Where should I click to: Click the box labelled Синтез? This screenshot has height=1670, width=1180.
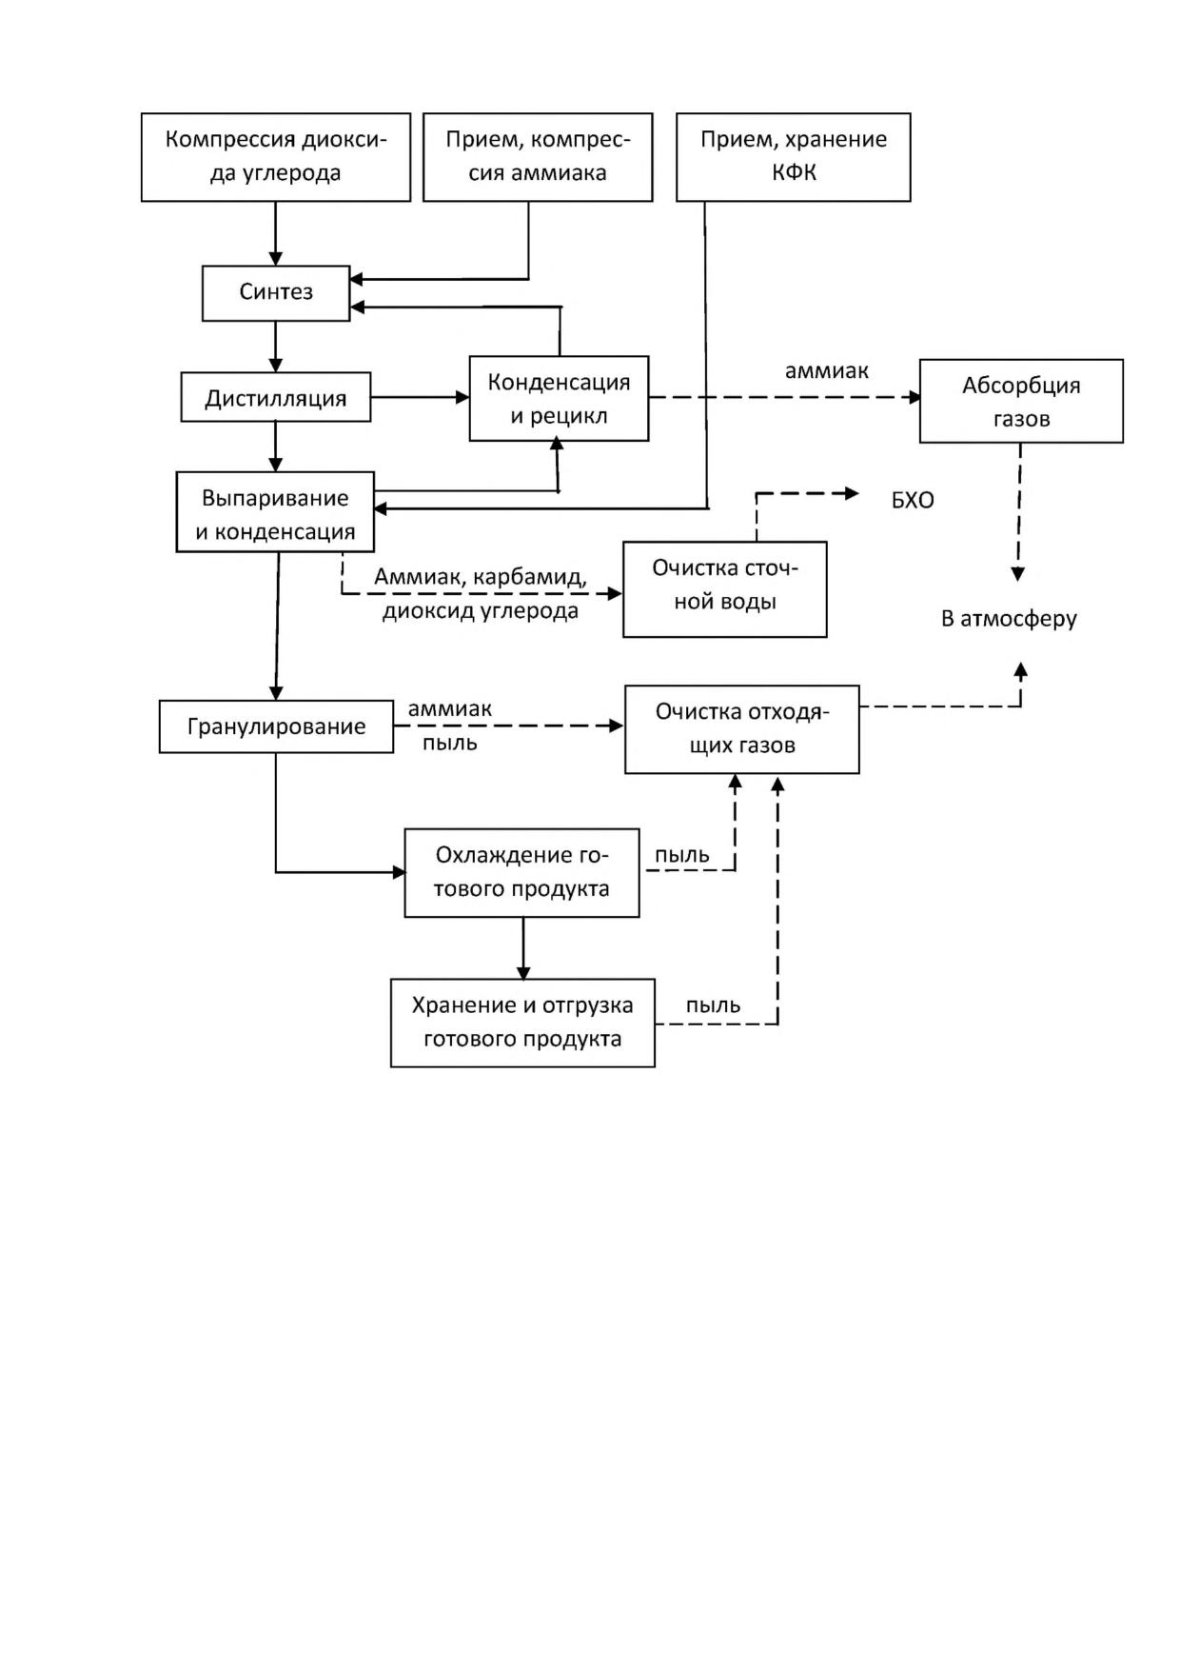click(276, 293)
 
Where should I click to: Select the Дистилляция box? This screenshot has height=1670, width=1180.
click(276, 397)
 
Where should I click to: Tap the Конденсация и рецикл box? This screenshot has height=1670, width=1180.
click(559, 399)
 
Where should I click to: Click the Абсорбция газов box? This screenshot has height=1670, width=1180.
click(1021, 401)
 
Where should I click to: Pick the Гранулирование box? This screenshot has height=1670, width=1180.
click(276, 726)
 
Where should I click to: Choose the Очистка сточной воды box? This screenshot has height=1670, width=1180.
click(725, 589)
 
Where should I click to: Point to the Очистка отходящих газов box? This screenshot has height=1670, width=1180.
click(742, 729)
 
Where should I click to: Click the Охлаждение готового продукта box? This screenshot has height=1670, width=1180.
click(521, 873)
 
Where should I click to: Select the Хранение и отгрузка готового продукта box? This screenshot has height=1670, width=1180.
click(522, 1023)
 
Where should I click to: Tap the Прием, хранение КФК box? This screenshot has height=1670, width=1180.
click(794, 157)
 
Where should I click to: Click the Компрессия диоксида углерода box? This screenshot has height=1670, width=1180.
click(276, 157)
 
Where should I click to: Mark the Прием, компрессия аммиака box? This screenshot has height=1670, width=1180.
click(538, 157)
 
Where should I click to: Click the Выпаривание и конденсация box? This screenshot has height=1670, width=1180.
click(275, 512)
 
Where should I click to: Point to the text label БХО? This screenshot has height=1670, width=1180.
click(913, 501)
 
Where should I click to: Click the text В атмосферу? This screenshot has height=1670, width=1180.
click(1009, 619)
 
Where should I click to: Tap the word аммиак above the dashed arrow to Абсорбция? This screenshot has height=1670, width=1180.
click(826, 371)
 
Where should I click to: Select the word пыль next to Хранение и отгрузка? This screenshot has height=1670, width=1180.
click(713, 1005)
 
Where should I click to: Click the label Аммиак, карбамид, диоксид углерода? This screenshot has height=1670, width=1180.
click(481, 594)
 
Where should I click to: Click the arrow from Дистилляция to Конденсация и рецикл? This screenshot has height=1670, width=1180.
click(420, 397)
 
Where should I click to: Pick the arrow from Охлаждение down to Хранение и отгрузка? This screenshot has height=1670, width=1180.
click(522, 948)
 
